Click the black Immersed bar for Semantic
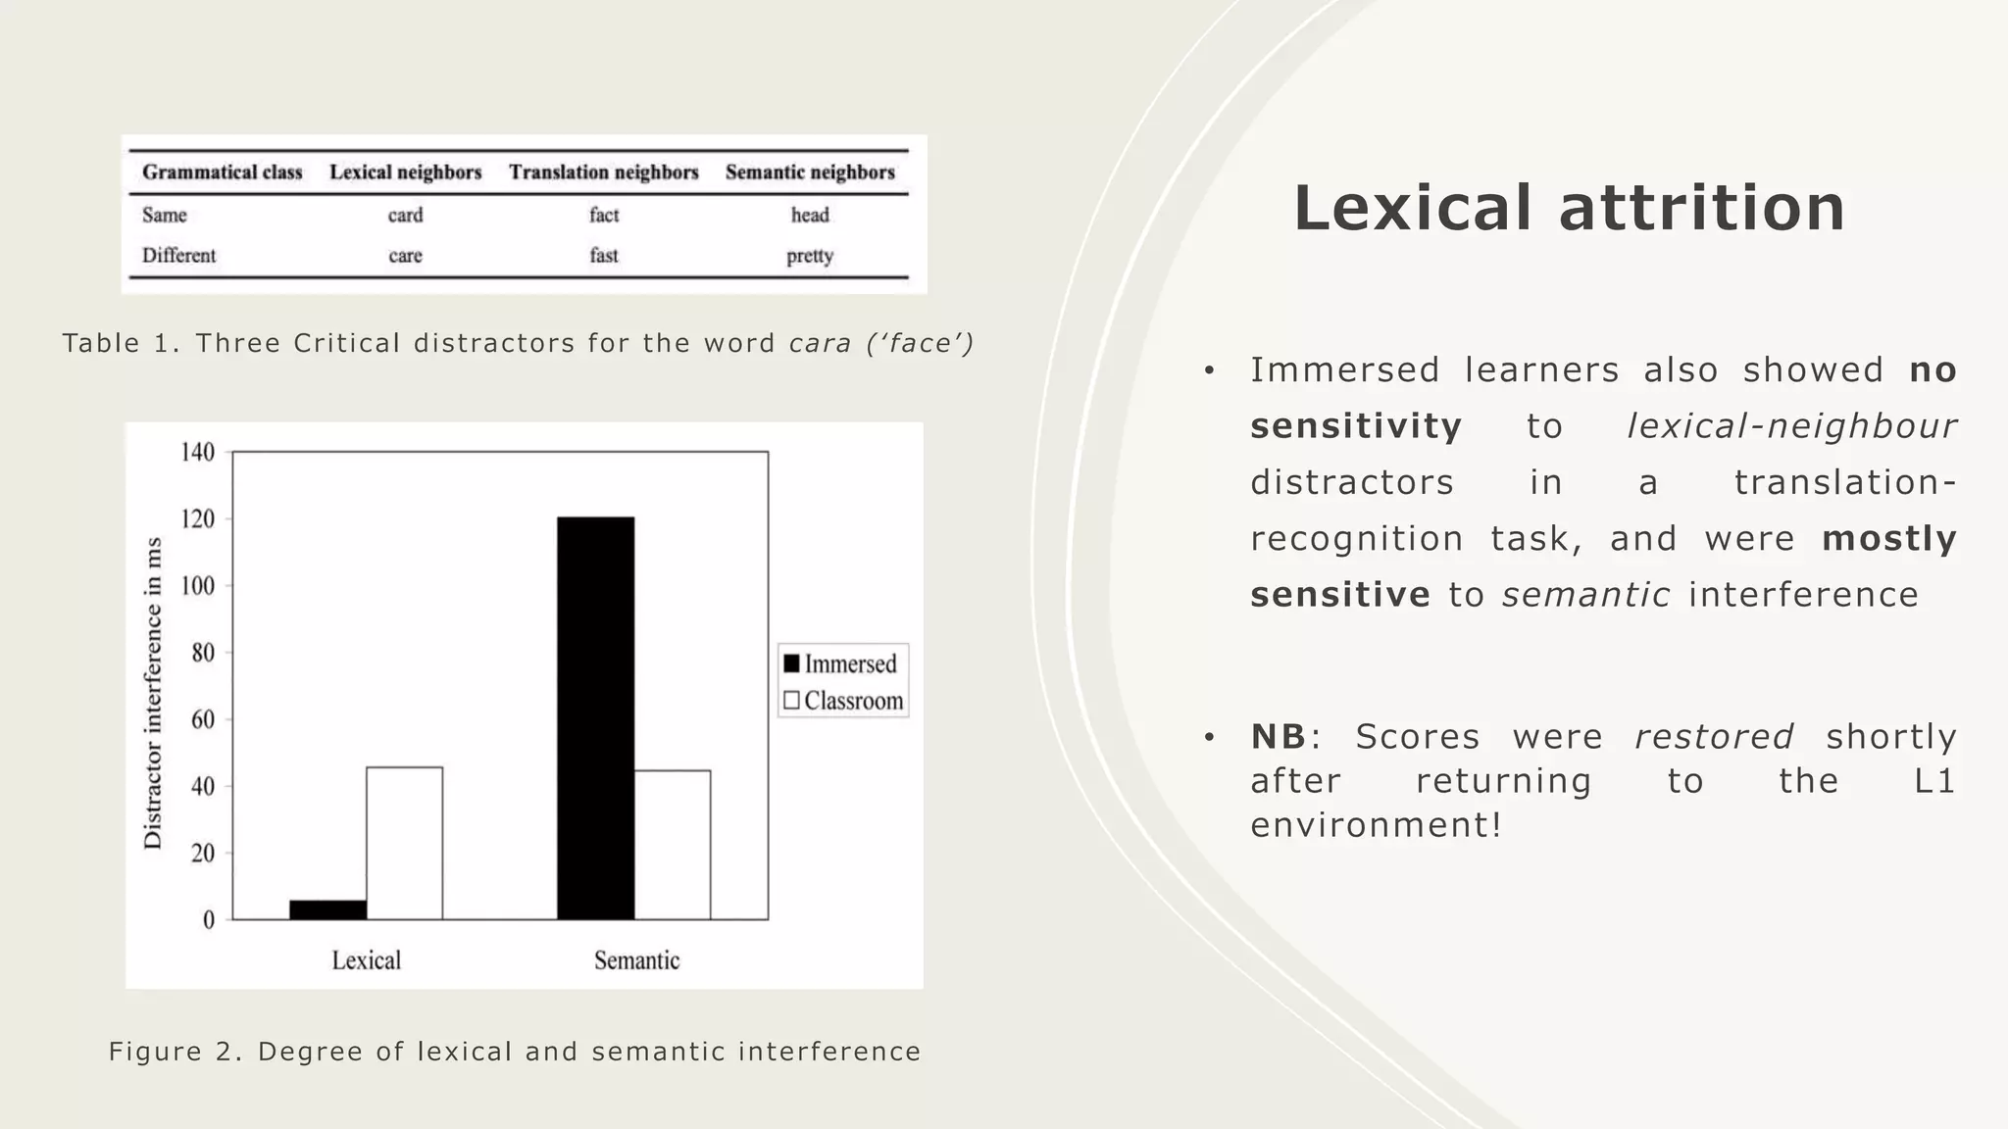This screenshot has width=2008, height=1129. tap(595, 717)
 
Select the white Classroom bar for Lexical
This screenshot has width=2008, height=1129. tap(404, 843)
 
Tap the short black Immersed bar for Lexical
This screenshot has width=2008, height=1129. tap(327, 909)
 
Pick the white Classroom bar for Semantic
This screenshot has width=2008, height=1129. tap(672, 845)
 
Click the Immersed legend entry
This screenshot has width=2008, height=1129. tap(841, 663)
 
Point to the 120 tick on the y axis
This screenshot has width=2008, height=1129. tap(197, 519)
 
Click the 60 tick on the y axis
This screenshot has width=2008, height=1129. tap(202, 719)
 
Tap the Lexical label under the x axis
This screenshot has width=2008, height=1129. tap(366, 959)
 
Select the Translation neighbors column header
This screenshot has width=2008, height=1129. tap(603, 172)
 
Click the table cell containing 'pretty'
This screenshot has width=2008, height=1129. tap(809, 256)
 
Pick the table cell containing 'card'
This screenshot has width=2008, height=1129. tap(405, 215)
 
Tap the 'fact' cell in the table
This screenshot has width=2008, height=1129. tap(603, 215)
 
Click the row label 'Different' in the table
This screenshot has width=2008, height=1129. tap(178, 256)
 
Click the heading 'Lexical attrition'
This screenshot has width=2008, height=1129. tap(1569, 208)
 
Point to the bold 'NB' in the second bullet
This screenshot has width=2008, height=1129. tap(1278, 736)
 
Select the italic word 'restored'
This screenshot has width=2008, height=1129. tap(1713, 736)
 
